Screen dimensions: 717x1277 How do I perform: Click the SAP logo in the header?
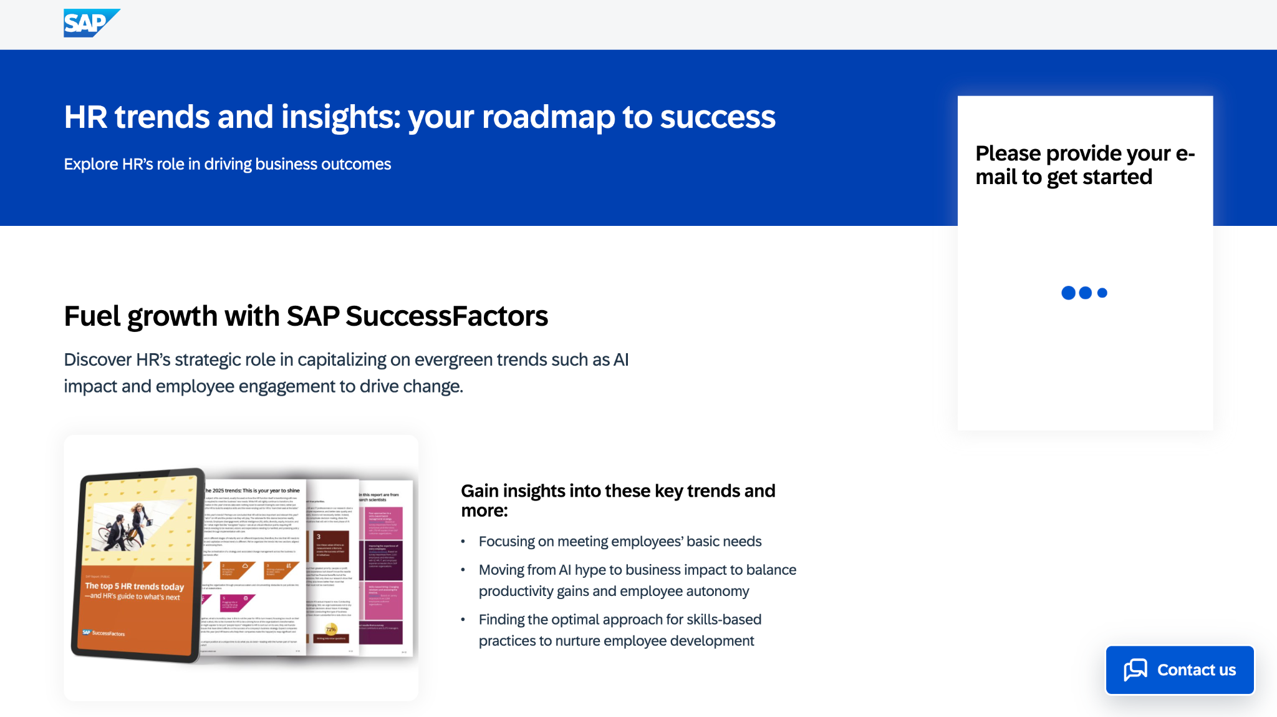tap(91, 23)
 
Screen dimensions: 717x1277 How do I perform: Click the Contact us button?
tap(1179, 670)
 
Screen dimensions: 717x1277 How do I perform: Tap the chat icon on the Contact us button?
tap(1135, 670)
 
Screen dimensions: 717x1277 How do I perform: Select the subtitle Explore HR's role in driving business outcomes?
tap(227, 164)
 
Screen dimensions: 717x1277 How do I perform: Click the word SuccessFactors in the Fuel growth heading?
tap(446, 316)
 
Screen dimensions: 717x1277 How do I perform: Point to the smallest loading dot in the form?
tap(1102, 293)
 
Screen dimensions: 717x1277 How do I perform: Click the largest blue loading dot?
tap(1068, 293)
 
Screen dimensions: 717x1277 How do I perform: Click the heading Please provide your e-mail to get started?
tap(1084, 165)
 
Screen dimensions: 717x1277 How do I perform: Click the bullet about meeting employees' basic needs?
tap(620, 542)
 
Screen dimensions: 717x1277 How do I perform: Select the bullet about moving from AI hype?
tap(637, 580)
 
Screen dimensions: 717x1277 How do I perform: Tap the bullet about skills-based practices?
tap(620, 630)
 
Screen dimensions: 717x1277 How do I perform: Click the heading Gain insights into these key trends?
tap(617, 500)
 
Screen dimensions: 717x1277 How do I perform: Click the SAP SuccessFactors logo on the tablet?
tap(104, 633)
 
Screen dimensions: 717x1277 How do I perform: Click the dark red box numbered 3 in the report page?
tap(330, 546)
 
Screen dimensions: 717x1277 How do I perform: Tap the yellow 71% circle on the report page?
tap(331, 629)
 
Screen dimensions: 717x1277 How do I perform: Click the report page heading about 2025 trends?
tap(253, 490)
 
